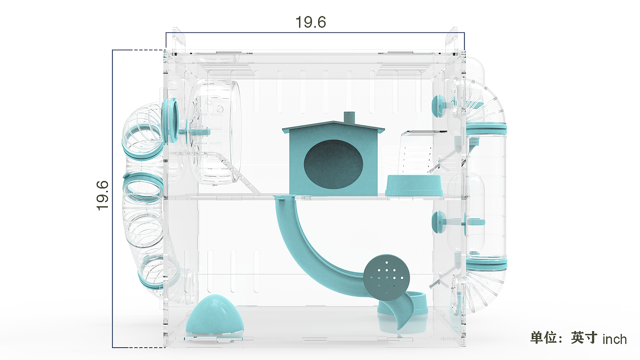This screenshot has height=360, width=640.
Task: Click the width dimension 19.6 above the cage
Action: (x=310, y=22)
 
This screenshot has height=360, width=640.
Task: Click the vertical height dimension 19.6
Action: (x=102, y=196)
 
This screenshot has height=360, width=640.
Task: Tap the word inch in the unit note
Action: (x=614, y=339)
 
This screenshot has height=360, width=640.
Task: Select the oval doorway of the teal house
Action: (x=333, y=164)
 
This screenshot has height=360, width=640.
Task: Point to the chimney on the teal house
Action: (x=349, y=118)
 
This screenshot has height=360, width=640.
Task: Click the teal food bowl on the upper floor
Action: (x=414, y=186)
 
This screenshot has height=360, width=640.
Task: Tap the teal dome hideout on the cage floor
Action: (x=214, y=315)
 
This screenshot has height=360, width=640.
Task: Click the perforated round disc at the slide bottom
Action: (x=387, y=277)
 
